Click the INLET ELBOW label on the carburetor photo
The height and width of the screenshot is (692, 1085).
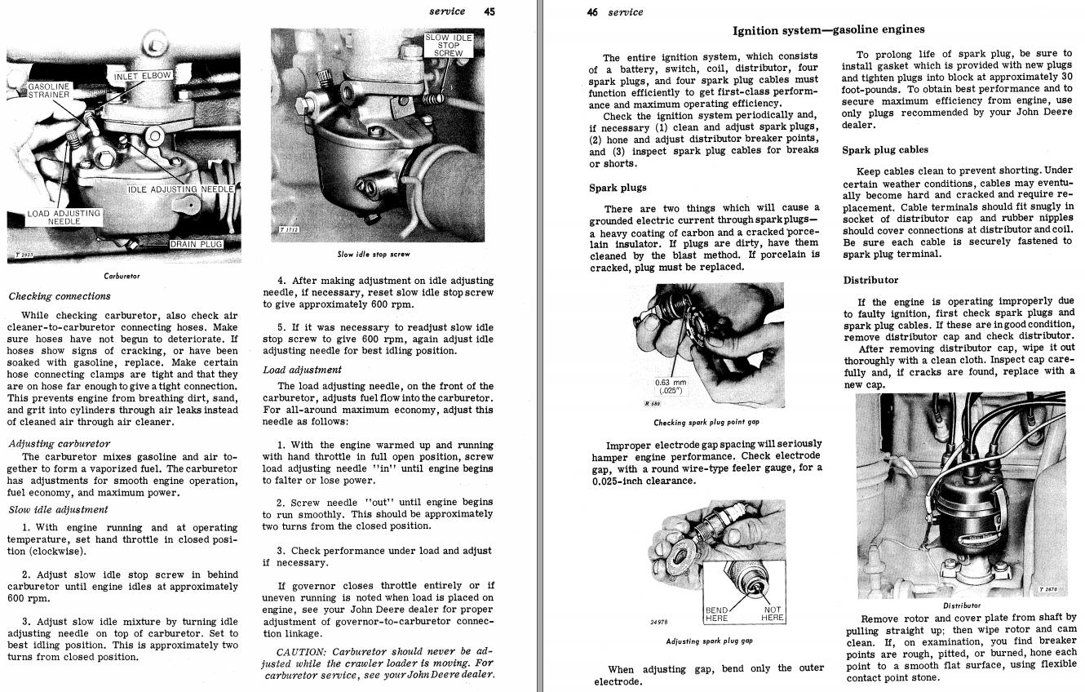[x=144, y=76]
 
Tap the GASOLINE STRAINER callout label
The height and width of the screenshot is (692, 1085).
[x=50, y=90]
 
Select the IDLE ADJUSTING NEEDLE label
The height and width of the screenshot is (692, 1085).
[x=180, y=189]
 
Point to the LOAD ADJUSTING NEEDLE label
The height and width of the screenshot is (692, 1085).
[x=64, y=217]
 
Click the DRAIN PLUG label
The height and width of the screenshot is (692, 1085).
[x=195, y=244]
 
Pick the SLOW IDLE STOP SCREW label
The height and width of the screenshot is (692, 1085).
[x=448, y=46]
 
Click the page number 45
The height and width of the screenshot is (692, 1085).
[x=489, y=11]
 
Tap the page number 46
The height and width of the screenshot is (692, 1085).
[x=592, y=12]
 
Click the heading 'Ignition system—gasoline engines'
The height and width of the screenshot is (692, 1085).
[x=828, y=30]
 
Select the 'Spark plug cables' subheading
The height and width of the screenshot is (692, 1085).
[x=885, y=149]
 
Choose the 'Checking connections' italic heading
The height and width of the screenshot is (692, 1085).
[x=60, y=296]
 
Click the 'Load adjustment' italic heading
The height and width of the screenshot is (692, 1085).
[x=302, y=370]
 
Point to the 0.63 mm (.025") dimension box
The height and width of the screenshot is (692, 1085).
[x=671, y=385]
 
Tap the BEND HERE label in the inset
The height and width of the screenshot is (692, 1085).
[x=717, y=614]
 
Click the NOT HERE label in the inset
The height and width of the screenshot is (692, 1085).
[x=772, y=614]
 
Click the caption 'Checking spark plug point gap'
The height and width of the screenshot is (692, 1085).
[x=706, y=423]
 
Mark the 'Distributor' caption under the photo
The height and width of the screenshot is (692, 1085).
[x=962, y=605]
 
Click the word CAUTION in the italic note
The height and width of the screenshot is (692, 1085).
[x=302, y=651]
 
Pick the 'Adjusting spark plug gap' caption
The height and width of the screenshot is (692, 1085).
[x=709, y=641]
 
